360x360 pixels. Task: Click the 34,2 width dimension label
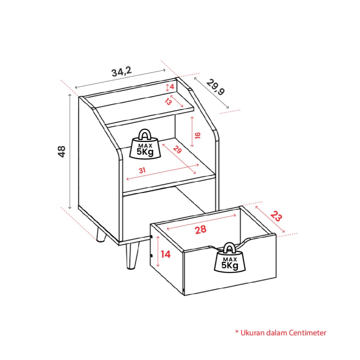click(122, 72)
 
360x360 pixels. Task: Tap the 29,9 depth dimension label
click(216, 87)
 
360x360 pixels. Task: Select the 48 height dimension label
click(62, 152)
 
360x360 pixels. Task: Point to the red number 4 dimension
click(172, 87)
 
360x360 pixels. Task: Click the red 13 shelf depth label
click(168, 101)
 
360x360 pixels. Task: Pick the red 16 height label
click(198, 135)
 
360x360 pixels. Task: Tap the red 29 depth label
click(177, 149)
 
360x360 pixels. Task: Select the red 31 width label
click(142, 171)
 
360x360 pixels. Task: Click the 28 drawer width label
click(200, 230)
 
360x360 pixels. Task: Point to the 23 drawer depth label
click(276, 216)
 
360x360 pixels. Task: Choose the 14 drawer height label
click(166, 255)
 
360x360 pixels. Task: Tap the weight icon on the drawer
click(230, 258)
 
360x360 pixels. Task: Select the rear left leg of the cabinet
click(101, 234)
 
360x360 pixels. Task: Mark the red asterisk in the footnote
click(237, 332)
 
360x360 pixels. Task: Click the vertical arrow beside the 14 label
click(158, 252)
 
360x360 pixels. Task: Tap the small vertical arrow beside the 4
click(167, 87)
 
